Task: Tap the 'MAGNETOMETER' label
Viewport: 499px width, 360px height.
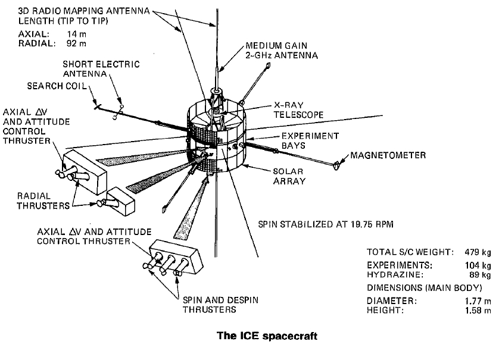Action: [388, 155]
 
